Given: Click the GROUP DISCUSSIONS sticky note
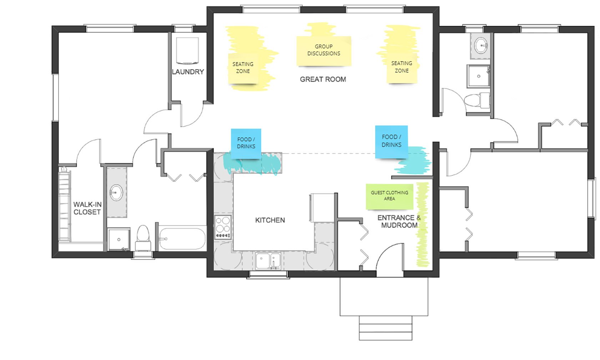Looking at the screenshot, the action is [324, 51].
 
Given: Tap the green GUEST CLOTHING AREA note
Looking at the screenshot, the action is [389, 197].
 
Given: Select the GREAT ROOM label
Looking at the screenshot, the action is [323, 79].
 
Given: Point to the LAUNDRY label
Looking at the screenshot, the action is [188, 72].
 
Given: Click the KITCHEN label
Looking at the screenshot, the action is [270, 220].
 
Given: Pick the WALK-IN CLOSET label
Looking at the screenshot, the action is [87, 208].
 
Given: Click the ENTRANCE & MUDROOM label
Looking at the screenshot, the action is [399, 221].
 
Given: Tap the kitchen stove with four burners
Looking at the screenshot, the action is [223, 227].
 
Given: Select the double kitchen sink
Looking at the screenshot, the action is [268, 261].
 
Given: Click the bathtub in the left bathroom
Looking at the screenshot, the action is [182, 239].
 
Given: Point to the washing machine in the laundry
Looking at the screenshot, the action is [187, 51].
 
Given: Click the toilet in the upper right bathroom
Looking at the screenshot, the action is [477, 101].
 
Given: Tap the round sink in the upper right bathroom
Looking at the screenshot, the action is [481, 46].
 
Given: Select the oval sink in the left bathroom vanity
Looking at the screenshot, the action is [116, 192].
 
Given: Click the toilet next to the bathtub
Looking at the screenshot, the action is [143, 238].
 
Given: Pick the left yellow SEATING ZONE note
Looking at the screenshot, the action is [243, 68].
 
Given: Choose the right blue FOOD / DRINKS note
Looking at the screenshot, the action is [391, 142].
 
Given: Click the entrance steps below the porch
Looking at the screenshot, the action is [385, 328].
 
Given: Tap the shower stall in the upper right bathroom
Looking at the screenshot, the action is [478, 76].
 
